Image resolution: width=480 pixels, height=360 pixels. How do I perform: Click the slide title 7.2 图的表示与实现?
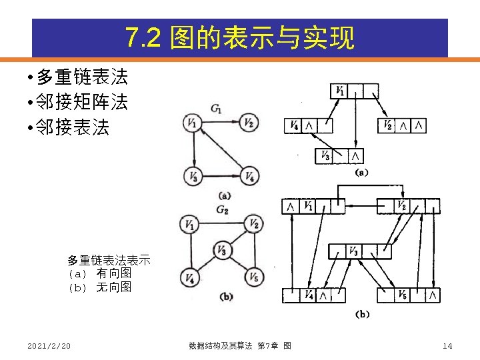click(x=240, y=39)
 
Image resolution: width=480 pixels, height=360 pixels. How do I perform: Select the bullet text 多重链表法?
click(x=81, y=77)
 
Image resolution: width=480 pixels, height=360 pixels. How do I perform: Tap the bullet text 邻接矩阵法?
click(x=81, y=103)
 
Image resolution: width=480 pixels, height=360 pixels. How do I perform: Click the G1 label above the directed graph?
click(x=216, y=109)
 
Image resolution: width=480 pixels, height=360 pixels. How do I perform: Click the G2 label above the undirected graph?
click(x=222, y=209)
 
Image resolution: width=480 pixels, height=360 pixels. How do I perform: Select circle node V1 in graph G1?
click(x=193, y=123)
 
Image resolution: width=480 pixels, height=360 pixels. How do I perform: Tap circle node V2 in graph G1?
click(x=248, y=123)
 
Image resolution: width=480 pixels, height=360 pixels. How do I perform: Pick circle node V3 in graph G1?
click(x=193, y=177)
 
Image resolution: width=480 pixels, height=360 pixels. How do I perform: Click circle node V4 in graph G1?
click(x=248, y=177)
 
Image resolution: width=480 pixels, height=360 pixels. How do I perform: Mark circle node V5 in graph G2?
click(x=253, y=277)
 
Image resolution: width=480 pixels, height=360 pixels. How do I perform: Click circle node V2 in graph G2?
click(x=253, y=224)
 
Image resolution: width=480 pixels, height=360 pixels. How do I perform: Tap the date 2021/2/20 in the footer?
click(x=49, y=345)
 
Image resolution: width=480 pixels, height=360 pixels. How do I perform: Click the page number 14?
click(x=447, y=345)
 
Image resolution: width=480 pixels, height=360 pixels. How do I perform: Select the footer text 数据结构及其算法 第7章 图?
click(x=240, y=345)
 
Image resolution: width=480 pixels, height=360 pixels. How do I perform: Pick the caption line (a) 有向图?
click(x=99, y=273)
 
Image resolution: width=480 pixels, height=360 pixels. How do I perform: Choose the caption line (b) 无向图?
click(x=99, y=287)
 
